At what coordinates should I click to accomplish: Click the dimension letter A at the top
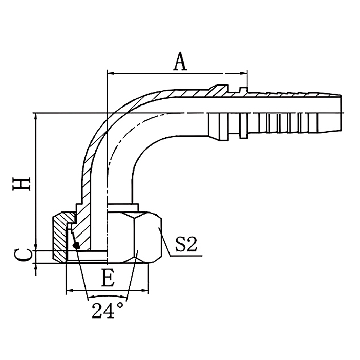(x=180, y=61)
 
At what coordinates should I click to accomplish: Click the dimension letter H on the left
(x=22, y=184)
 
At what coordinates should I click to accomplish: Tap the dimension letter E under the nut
(x=108, y=279)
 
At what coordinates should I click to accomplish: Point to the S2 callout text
(x=185, y=245)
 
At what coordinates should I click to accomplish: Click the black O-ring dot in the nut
(x=76, y=246)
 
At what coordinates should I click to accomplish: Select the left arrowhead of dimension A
(x=110, y=73)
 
